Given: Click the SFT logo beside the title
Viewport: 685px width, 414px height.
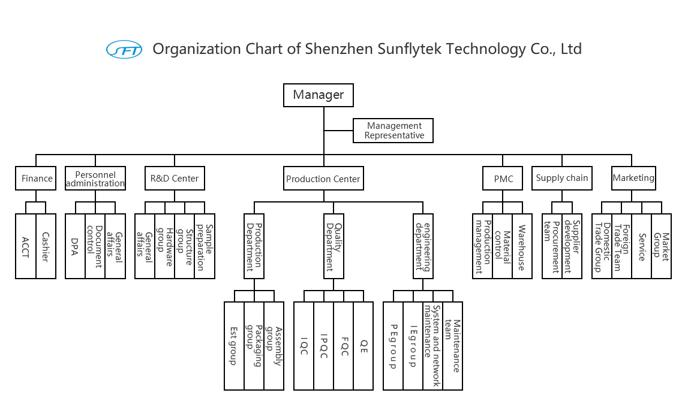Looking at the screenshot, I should point(124,49).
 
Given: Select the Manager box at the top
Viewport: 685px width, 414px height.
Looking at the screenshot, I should point(318,95).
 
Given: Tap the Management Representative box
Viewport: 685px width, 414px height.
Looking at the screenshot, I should point(393,131).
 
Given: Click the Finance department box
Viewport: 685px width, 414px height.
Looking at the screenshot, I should point(37,178).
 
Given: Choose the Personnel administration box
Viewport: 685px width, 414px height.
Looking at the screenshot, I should point(95,178).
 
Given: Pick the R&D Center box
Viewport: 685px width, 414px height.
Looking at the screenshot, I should point(175,178).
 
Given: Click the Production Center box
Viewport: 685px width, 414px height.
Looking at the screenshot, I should point(323,179).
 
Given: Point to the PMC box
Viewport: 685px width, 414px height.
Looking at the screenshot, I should point(503,178).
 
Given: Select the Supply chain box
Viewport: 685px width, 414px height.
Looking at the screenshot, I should point(562,178).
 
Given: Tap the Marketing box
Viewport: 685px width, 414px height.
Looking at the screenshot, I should point(633,178).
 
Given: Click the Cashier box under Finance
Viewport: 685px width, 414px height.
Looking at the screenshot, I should point(46,246).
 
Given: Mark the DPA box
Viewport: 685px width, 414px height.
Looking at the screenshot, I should point(75,246).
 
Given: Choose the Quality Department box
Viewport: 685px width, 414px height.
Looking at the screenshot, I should point(334,246).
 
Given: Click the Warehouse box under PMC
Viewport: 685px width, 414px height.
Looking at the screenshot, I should point(522,246).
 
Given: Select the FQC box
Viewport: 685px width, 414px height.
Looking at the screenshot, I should point(344,345).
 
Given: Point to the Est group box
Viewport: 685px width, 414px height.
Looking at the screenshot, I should point(234,345).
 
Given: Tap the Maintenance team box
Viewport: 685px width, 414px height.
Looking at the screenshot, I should point(453,345).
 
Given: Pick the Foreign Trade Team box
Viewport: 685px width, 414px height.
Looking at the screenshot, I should point(621,246).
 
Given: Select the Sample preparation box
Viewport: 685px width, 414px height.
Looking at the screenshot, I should point(205,246).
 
